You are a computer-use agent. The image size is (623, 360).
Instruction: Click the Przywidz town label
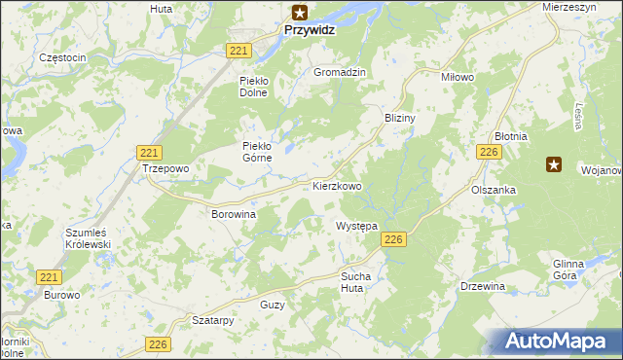[311, 30]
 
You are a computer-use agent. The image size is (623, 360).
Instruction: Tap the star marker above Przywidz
[301, 12]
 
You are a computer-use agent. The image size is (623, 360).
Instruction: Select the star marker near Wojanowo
[554, 164]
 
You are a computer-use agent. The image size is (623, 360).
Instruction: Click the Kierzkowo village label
[337, 185]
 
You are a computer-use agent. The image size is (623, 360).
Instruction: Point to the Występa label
[355, 226]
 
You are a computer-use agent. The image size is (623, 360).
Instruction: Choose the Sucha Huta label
[355, 282]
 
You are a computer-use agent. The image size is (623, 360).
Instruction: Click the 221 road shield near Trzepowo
[149, 153]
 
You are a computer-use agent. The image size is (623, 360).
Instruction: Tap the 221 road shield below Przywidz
[240, 50]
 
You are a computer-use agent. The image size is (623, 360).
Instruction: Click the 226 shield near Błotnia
[489, 153]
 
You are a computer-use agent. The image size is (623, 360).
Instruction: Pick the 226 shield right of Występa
[393, 240]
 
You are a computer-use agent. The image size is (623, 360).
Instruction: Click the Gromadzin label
[339, 73]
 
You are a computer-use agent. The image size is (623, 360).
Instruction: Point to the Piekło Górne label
[261, 152]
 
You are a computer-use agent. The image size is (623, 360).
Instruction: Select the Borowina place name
[233, 212]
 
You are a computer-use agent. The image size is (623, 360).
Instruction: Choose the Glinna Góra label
[567, 270]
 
